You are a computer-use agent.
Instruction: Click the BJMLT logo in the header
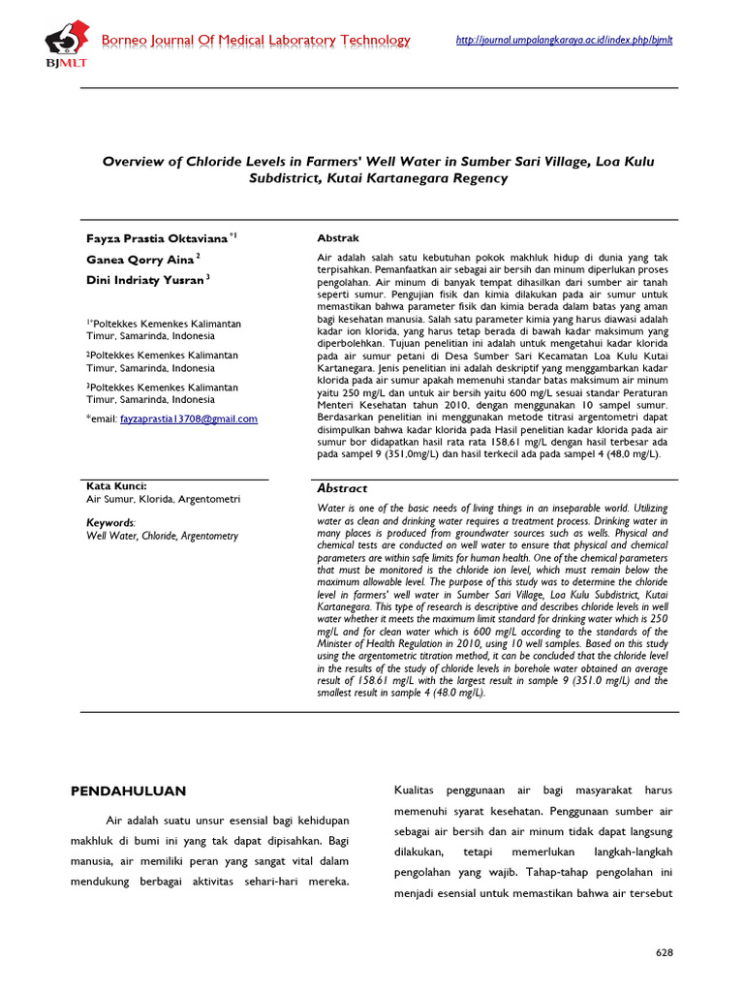64,43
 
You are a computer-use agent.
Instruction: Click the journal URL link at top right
563,40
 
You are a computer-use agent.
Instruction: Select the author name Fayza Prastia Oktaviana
157,237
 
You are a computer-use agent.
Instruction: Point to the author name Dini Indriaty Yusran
145,280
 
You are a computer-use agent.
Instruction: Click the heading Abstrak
338,237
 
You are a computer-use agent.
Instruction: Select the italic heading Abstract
343,489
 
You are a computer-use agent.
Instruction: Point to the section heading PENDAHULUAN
128,791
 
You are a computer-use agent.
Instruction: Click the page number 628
664,953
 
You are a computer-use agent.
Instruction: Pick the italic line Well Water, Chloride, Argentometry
162,536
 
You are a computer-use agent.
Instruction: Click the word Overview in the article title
136,162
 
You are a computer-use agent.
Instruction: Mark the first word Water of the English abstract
331,508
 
